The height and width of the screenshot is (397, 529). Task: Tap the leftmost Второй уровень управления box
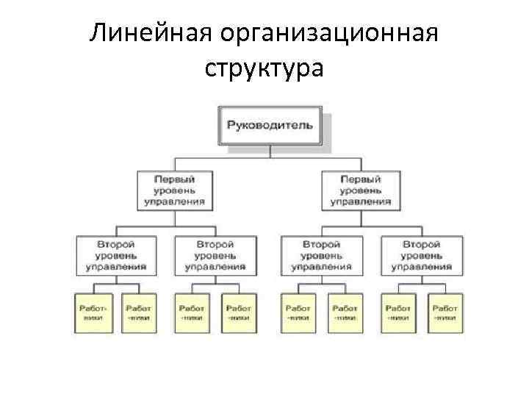[x=116, y=255]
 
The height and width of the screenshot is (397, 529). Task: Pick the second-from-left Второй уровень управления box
[x=216, y=255]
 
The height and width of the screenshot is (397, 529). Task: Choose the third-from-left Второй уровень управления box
[x=321, y=255]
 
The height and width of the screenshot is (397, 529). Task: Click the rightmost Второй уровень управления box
[x=421, y=255]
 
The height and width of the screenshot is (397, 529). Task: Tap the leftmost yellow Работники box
[x=93, y=313]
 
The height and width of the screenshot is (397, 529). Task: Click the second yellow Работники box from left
[x=138, y=313]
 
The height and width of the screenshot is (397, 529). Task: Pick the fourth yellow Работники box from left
[x=238, y=313]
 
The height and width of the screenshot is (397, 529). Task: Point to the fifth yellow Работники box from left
[x=298, y=313]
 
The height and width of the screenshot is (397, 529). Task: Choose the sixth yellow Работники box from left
[x=344, y=313]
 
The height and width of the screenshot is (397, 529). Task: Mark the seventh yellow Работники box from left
[x=398, y=313]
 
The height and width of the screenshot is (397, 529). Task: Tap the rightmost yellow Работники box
[x=445, y=313]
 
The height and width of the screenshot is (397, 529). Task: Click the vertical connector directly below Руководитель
[x=270, y=151]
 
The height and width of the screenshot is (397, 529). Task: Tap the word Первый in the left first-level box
[x=174, y=179]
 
